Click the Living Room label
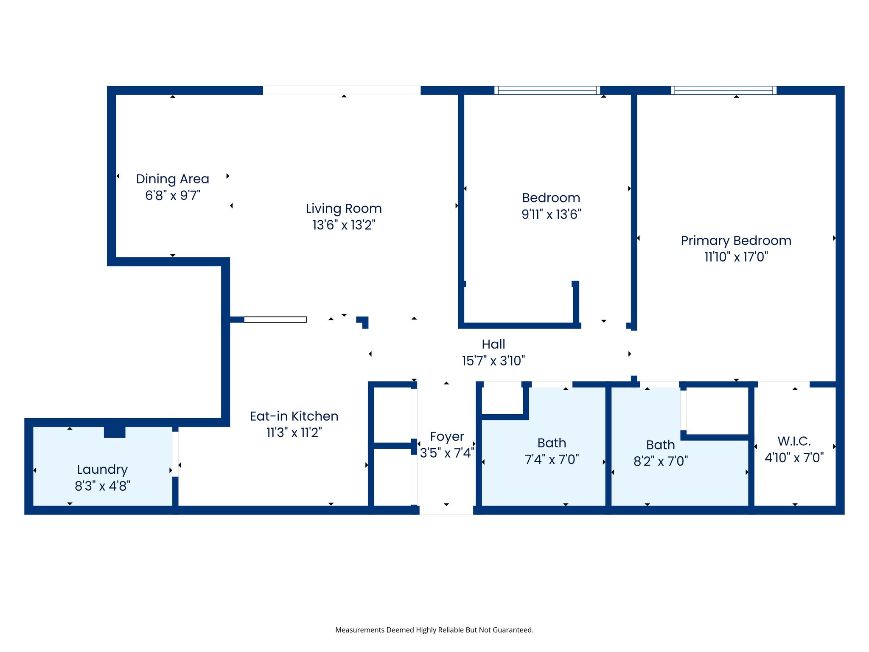pyautogui.click(x=344, y=208)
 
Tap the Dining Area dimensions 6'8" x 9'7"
pyautogui.click(x=173, y=196)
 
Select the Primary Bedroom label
pyautogui.click(x=736, y=241)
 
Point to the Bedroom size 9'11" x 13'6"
pyautogui.click(x=551, y=214)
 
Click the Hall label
pyautogui.click(x=493, y=344)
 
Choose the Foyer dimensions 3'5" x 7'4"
pyautogui.click(x=447, y=453)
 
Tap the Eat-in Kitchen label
pyautogui.click(x=294, y=416)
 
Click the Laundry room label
pyautogui.click(x=102, y=469)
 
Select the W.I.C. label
pyautogui.click(x=794, y=441)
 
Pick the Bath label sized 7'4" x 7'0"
pyautogui.click(x=552, y=443)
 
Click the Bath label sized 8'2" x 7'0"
pyautogui.click(x=660, y=445)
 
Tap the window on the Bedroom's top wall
pyautogui.click(x=547, y=90)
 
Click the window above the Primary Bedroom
pyautogui.click(x=723, y=90)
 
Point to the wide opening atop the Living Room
pyautogui.click(x=342, y=90)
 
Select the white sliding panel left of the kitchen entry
pyautogui.click(x=275, y=320)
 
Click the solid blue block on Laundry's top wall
pyautogui.click(x=115, y=432)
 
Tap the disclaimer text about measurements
pyautogui.click(x=434, y=630)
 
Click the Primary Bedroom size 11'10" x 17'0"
pyautogui.click(x=736, y=257)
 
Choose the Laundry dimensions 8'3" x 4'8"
pyautogui.click(x=102, y=486)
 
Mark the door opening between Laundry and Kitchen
pyautogui.click(x=175, y=454)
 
